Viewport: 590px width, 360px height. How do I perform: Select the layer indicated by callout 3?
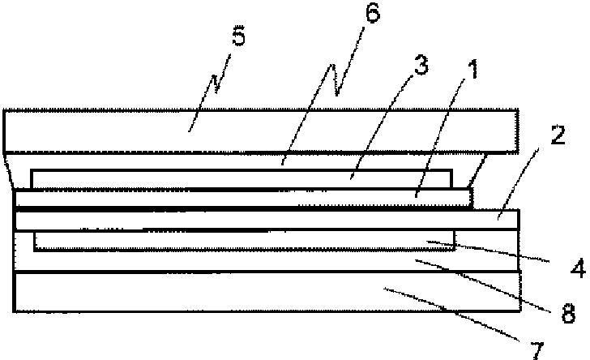click(203, 178)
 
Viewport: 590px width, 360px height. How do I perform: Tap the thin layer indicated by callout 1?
click(203, 198)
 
